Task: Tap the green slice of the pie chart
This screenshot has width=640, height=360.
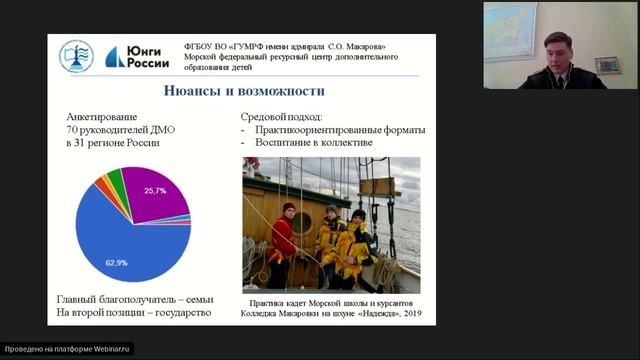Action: pyautogui.click(x=116, y=179)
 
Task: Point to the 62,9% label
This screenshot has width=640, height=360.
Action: pyautogui.click(x=117, y=262)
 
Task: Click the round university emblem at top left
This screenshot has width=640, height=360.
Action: pyautogui.click(x=76, y=55)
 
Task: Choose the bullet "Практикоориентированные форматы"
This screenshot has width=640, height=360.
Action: pyautogui.click(x=339, y=129)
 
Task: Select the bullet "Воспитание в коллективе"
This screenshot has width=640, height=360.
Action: pyautogui.click(x=313, y=144)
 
